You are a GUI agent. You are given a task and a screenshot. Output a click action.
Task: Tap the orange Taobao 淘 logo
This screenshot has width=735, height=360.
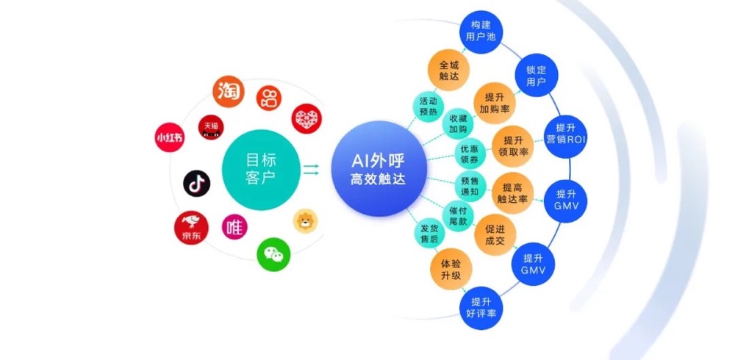(228, 93)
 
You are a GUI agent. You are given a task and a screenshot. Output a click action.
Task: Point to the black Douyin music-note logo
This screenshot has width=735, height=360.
(196, 183)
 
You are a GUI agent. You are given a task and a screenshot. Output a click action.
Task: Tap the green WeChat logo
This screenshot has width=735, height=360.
(273, 253)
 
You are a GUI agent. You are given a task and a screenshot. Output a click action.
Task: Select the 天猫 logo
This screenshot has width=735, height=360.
(211, 127)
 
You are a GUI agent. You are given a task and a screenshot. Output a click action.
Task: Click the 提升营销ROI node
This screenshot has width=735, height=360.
(564, 132)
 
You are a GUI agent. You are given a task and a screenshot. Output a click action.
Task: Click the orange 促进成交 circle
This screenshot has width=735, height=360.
(495, 234)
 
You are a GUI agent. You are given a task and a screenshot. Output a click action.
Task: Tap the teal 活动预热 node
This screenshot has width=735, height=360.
(429, 107)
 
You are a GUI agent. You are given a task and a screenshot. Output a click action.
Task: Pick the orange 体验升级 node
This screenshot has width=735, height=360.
(451, 268)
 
